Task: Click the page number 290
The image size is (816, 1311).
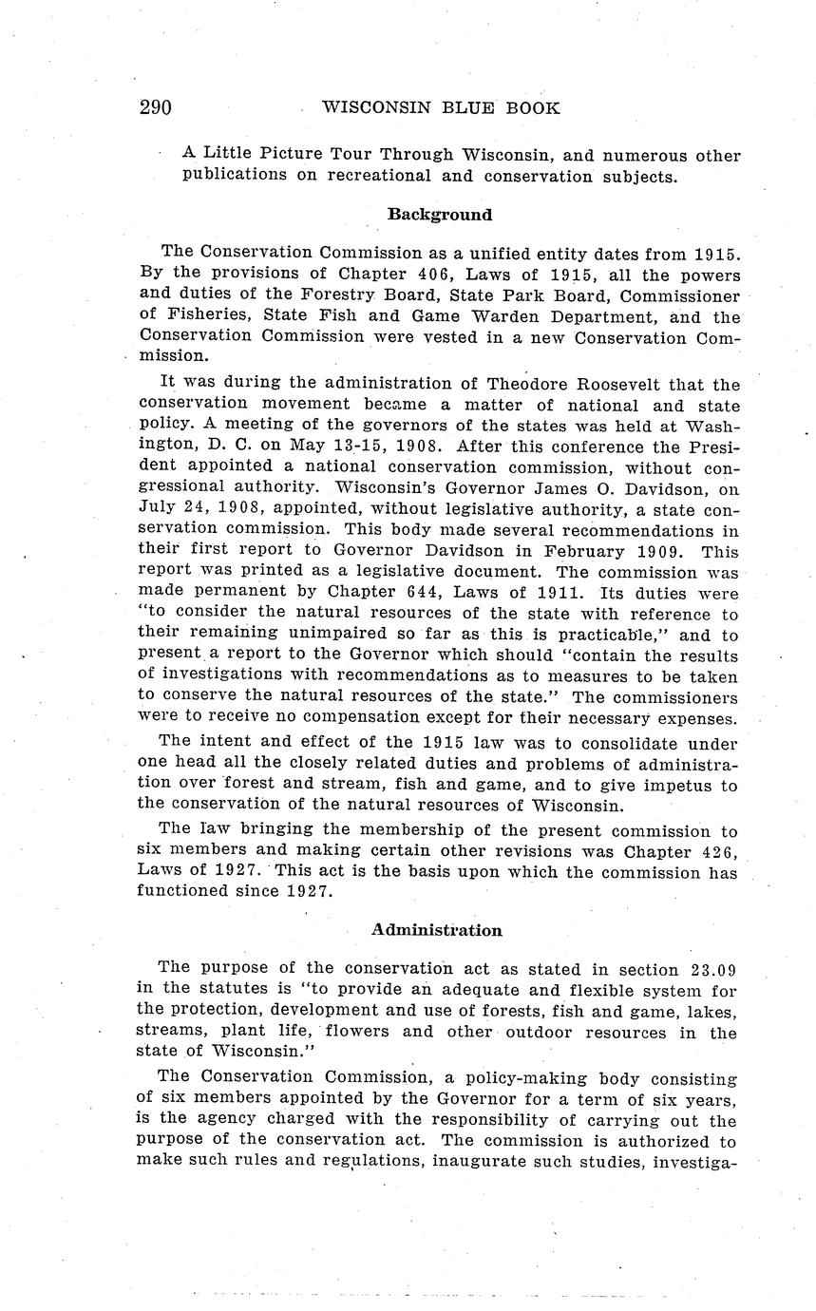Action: click(x=155, y=108)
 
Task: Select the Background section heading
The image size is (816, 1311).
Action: click(x=439, y=215)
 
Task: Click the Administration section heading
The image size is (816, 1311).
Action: click(x=436, y=930)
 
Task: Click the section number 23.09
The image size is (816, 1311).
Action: click(x=710, y=969)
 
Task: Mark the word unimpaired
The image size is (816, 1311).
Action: click(x=336, y=635)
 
